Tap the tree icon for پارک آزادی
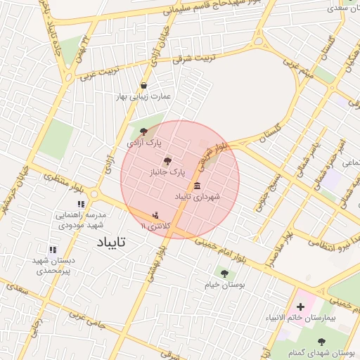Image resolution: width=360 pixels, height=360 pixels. pyautogui.click(x=145, y=131)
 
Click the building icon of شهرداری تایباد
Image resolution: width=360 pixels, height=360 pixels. pyautogui.click(x=196, y=186)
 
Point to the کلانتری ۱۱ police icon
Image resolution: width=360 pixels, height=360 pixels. pyautogui.click(x=155, y=215)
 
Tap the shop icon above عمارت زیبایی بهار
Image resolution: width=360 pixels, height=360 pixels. pyautogui.click(x=144, y=86)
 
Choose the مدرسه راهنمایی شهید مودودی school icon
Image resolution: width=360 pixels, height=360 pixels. pyautogui.click(x=82, y=205)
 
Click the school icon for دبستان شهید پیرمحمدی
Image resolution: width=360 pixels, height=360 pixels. pyautogui.click(x=52, y=250)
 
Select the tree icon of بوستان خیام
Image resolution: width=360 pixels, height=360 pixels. pyautogui.click(x=224, y=274)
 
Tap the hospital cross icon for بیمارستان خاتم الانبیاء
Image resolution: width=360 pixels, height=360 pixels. pyautogui.click(x=301, y=307)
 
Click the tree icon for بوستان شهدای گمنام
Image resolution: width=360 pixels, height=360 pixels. pyautogui.click(x=341, y=342)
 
